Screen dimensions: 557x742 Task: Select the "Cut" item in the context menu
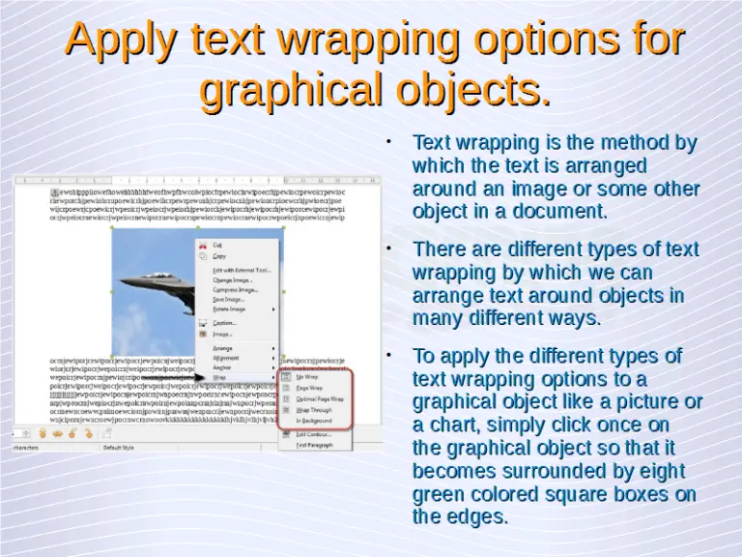[217, 246]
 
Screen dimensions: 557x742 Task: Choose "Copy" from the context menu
[219, 256]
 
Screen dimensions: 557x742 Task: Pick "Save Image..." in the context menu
[229, 300]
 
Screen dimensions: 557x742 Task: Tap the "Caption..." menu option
[224, 323]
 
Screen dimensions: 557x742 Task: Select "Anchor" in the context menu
[222, 367]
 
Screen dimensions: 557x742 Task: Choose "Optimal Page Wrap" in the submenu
[320, 398]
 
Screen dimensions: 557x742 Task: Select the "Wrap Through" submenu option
[313, 410]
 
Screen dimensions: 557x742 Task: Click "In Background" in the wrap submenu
[313, 422]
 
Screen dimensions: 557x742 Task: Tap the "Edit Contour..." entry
[313, 434]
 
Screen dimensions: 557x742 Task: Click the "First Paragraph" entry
[314, 446]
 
